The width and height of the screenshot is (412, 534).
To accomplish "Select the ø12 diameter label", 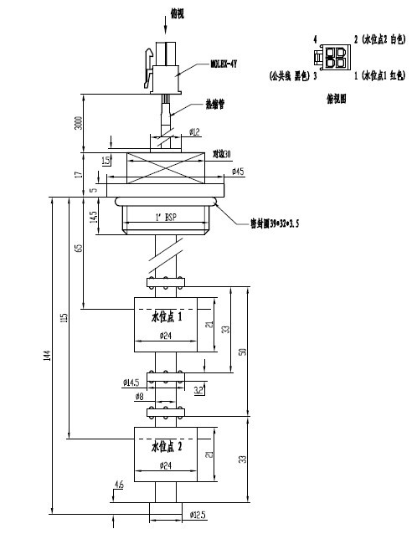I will (x=193, y=131).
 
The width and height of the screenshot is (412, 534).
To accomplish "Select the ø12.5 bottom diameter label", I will (x=198, y=514).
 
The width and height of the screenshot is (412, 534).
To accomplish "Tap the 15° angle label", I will (x=106, y=160).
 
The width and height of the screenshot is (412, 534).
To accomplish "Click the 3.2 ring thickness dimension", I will (x=199, y=390).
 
